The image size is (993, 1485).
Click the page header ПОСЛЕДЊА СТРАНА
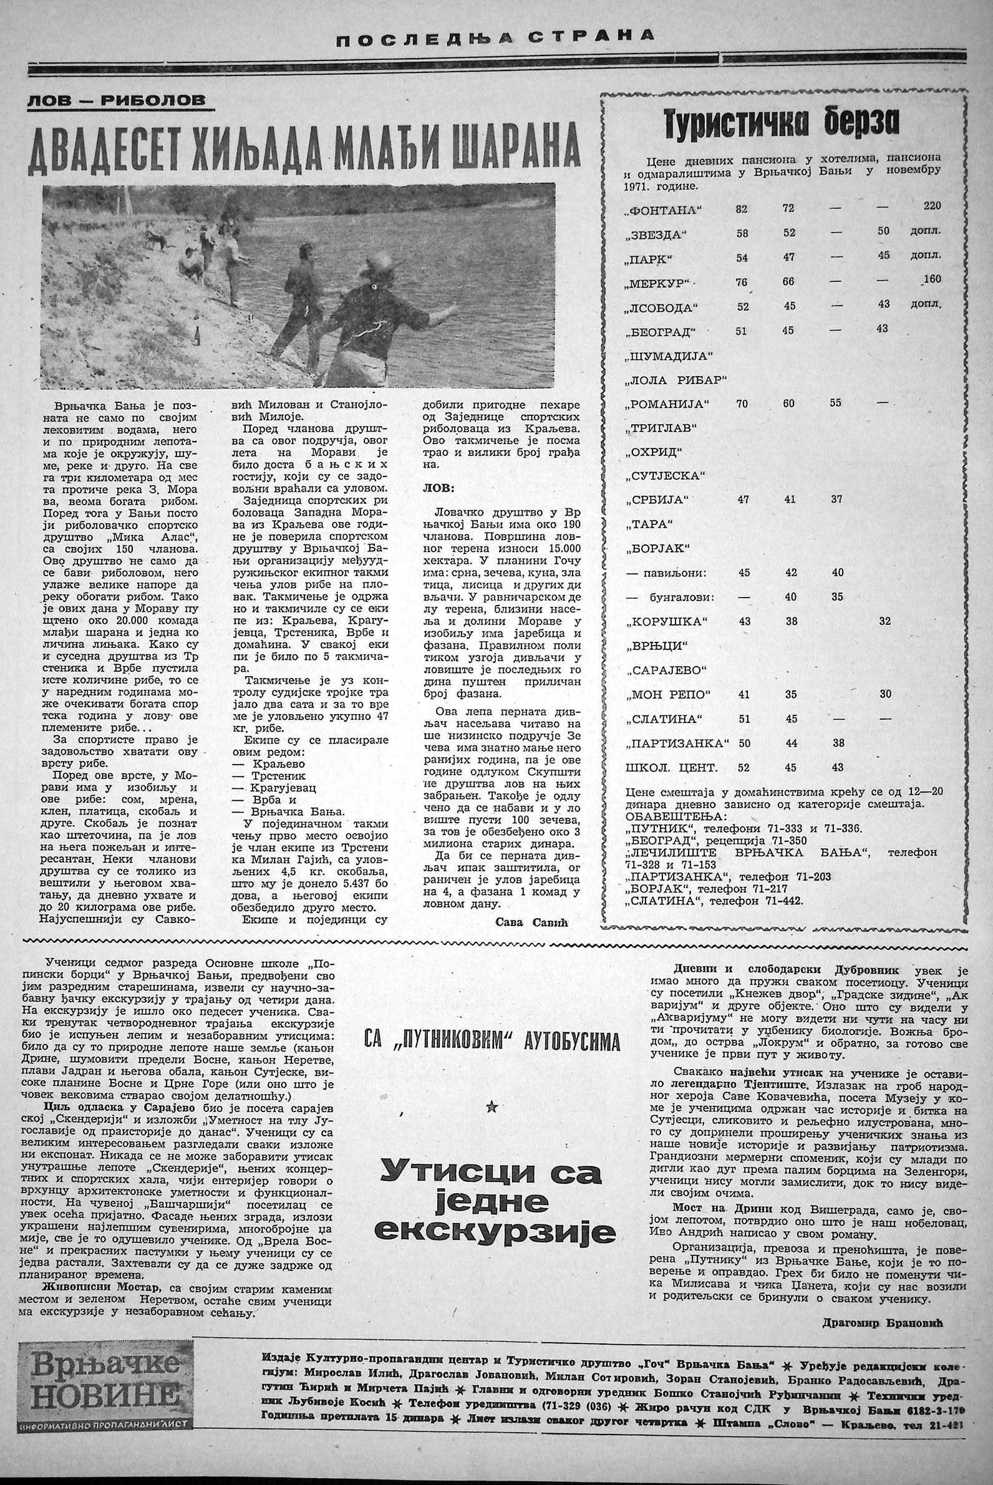tap(495, 36)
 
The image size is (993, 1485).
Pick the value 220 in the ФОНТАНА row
tap(932, 206)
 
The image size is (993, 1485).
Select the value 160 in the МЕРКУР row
tap(932, 279)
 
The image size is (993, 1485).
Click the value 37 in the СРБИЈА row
tap(836, 499)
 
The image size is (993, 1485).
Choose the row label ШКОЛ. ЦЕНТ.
tap(671, 768)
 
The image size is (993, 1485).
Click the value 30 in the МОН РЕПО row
tap(884, 694)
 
